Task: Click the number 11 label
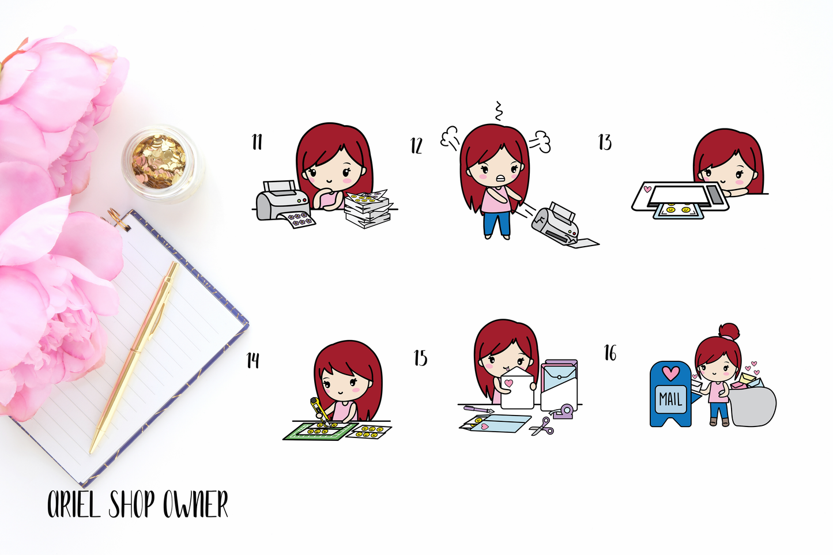pyautogui.click(x=257, y=142)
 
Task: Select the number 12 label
pyautogui.click(x=416, y=145)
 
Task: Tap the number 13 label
pyautogui.click(x=605, y=142)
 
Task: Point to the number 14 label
pyautogui.click(x=253, y=360)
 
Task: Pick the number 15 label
pyautogui.click(x=421, y=358)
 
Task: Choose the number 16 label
pyautogui.click(x=610, y=353)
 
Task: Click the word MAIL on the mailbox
pyautogui.click(x=670, y=399)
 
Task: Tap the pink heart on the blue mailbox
pyautogui.click(x=671, y=373)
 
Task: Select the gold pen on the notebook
pyautogui.click(x=134, y=357)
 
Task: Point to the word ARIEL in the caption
pyautogui.click(x=74, y=504)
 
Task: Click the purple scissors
pyautogui.click(x=542, y=426)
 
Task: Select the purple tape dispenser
pyautogui.click(x=562, y=411)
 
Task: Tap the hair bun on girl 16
pyautogui.click(x=729, y=331)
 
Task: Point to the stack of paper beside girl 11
pyautogui.click(x=368, y=209)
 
